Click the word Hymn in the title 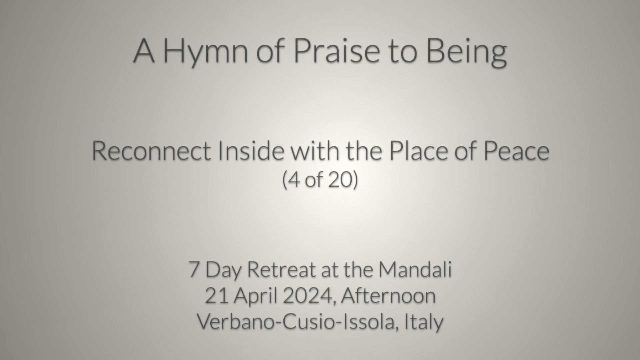(206, 51)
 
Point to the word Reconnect (151, 150)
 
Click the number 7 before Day (194, 269)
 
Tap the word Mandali (415, 269)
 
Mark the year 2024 (309, 296)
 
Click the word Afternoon (388, 296)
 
